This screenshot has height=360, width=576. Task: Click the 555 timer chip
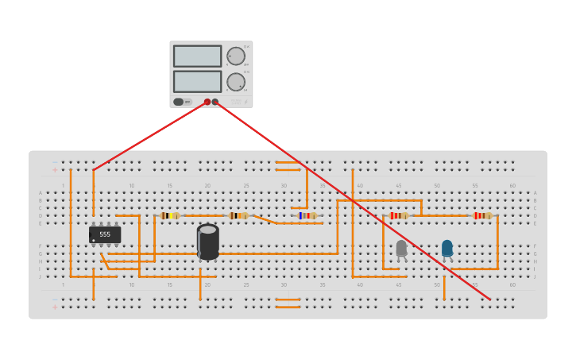point(105,234)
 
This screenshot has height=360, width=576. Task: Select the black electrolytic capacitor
point(207,242)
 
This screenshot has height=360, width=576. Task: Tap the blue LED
point(447,248)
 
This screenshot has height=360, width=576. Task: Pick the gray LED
point(401,248)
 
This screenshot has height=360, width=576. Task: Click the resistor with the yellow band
point(170,215)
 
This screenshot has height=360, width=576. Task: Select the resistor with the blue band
point(307,215)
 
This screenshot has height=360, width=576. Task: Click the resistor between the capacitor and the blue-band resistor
point(238,215)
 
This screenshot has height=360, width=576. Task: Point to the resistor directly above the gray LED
point(399,215)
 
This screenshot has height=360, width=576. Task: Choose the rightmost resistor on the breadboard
point(482,215)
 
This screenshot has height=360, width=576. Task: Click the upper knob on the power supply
point(236,56)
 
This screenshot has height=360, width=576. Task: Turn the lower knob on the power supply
point(236,82)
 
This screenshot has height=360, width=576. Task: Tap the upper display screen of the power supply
point(197,56)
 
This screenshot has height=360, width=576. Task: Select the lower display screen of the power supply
point(197,81)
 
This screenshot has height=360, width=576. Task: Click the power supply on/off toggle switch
point(179,102)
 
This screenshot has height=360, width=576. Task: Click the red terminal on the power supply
point(207,102)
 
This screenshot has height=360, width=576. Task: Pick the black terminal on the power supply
point(215,102)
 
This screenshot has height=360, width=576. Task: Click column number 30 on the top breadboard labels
point(284,186)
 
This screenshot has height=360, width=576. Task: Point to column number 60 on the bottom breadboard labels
point(512,285)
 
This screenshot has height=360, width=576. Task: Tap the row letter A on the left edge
point(41,193)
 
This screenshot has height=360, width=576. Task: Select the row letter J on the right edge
point(535,277)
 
